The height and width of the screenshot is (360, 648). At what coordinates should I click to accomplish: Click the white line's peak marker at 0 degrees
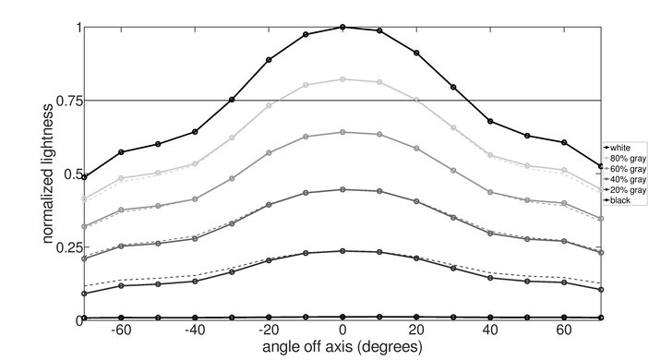click(342, 27)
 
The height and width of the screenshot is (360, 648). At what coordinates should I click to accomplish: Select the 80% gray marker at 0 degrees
click(342, 79)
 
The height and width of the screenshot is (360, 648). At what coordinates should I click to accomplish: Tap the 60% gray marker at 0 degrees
click(342, 132)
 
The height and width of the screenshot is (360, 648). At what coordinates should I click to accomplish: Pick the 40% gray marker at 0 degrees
click(342, 189)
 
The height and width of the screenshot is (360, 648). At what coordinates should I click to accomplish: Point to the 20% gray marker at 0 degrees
click(342, 251)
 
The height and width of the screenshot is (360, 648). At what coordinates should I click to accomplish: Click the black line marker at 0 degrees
click(342, 317)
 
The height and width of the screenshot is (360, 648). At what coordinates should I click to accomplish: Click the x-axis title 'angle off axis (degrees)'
click(342, 347)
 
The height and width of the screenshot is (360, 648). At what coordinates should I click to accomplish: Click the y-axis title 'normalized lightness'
click(44, 174)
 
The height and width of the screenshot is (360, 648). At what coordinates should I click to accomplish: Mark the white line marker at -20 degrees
click(269, 60)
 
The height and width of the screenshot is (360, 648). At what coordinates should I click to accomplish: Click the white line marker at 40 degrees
click(490, 121)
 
